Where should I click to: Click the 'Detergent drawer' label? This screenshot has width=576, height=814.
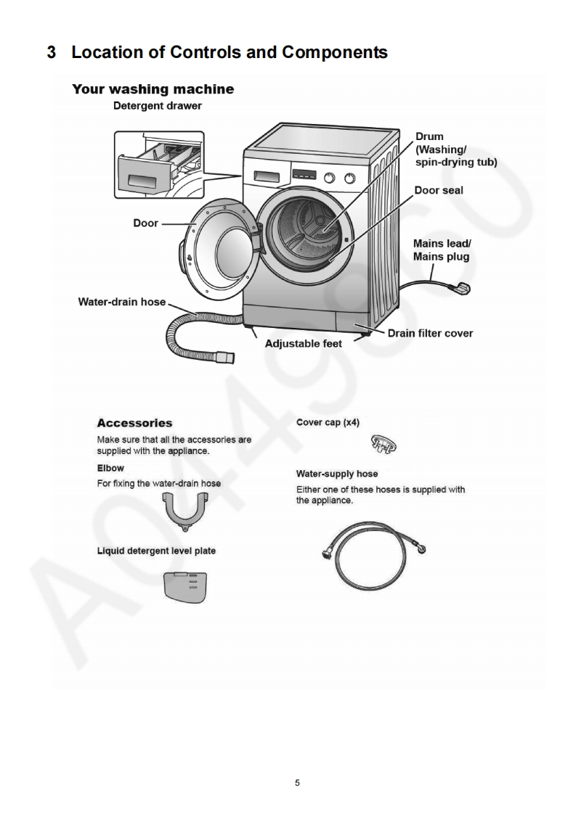157,106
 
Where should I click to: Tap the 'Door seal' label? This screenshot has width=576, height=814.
438,191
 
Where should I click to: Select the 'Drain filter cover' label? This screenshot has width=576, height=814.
429,334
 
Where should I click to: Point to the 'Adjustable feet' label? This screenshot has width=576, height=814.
303,343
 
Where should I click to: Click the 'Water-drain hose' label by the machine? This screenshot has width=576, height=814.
121,302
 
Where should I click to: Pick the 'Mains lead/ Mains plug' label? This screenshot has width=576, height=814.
442,250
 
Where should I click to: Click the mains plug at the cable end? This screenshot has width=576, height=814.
461,289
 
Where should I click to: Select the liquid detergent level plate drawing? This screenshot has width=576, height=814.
186,586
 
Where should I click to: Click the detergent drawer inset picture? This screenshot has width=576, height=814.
159,165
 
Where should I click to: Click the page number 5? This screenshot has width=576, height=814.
297,783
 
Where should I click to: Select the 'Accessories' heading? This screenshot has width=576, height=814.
134,423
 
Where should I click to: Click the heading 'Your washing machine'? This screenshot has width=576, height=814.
153,89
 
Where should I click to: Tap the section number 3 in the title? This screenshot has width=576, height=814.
52,52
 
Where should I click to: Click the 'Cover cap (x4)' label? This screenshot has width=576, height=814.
328,422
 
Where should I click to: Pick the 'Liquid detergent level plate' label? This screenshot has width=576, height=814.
156,551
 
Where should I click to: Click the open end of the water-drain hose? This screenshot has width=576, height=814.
230,356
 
